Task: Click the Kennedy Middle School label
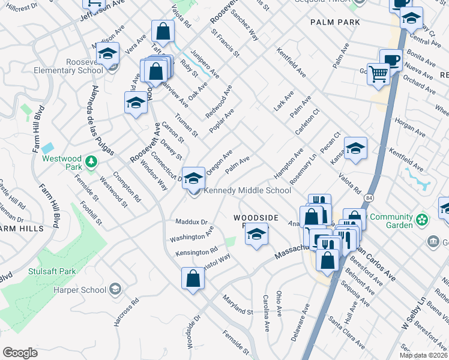(x=247, y=191)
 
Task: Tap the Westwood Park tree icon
(x=91, y=161)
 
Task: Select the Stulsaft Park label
(x=52, y=271)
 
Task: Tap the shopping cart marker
(x=378, y=75)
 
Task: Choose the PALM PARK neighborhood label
(x=335, y=22)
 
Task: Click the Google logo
(x=20, y=352)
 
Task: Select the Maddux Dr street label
(x=191, y=222)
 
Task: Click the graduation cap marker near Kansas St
(x=355, y=148)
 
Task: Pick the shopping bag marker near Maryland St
(x=192, y=278)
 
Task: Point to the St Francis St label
(x=225, y=46)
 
